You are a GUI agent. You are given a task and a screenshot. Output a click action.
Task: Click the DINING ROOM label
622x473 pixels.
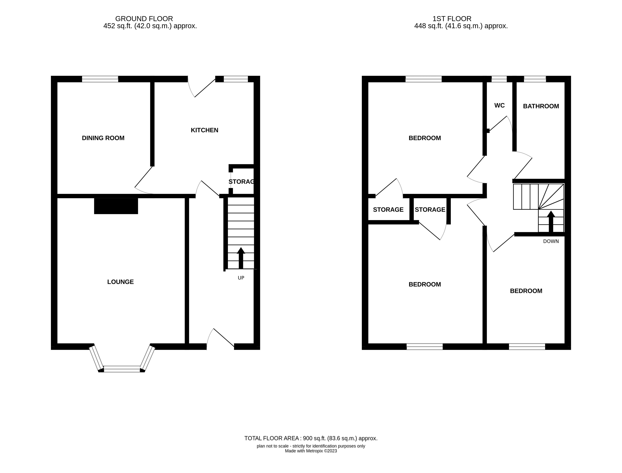103,138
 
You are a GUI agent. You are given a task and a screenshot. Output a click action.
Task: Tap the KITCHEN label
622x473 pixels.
205,130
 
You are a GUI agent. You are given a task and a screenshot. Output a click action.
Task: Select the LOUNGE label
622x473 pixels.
120,282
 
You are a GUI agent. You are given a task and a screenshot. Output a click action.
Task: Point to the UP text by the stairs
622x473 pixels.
241,278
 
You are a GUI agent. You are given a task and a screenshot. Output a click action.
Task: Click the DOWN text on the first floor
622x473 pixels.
551,241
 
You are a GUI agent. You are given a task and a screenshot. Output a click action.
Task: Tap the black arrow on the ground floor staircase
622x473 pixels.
241,258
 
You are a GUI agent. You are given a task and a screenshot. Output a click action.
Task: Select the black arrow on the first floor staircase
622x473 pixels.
551,222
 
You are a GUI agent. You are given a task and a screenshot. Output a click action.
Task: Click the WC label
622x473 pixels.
500,105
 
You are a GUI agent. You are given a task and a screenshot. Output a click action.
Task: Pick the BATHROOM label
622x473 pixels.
541,106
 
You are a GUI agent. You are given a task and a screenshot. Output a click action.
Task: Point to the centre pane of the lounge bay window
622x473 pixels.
122,369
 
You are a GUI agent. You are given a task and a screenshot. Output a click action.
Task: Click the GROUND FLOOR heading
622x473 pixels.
144,19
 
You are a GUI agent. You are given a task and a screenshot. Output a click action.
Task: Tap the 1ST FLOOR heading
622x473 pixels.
452,19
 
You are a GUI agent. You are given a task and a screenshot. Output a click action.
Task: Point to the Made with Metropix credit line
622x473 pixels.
311,451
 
